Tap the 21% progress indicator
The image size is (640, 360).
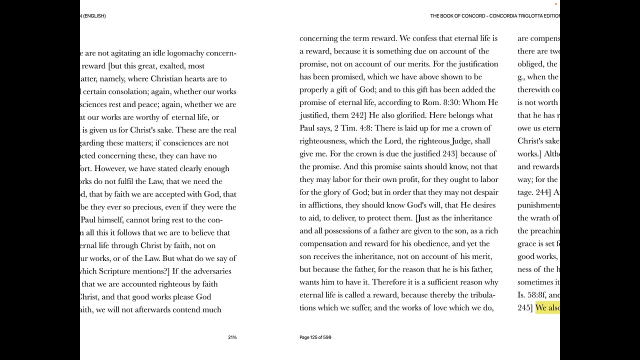(232, 337)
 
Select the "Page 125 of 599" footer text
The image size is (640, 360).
(315, 337)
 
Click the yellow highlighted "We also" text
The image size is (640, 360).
(547, 308)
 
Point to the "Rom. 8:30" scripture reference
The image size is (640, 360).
(460, 102)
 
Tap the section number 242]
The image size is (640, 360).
(358, 115)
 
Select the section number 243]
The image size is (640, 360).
(454, 153)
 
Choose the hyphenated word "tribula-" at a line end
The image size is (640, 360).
(479, 295)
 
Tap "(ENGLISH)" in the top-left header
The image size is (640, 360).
(94, 16)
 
